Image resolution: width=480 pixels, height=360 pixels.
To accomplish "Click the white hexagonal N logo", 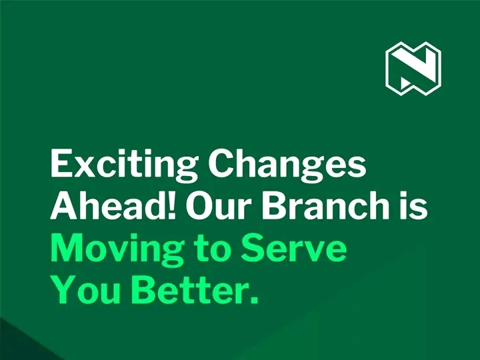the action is pyautogui.click(x=413, y=68).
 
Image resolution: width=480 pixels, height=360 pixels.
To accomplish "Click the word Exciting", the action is pyautogui.click(x=124, y=165).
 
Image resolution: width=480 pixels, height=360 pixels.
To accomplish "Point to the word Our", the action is pyautogui.click(x=217, y=205).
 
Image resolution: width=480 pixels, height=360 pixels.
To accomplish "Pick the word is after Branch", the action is pyautogui.click(x=413, y=204).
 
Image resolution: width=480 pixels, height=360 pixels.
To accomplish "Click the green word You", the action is pyautogui.click(x=86, y=289).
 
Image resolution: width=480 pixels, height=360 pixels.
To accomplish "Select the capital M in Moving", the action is pyautogui.click(x=68, y=247).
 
